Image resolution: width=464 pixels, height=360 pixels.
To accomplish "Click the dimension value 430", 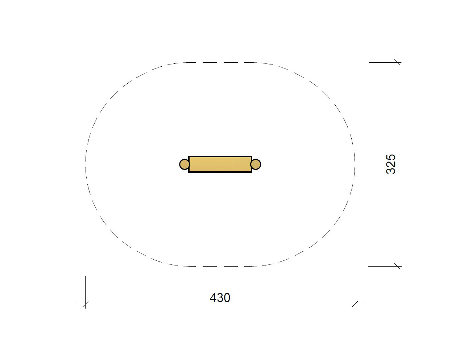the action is pos(220,298).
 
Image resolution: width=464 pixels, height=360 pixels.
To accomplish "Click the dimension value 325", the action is pos(391,164).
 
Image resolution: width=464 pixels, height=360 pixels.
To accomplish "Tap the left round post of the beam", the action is pos(184,164).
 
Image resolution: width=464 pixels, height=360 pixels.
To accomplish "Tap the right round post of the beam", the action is pos(256,164).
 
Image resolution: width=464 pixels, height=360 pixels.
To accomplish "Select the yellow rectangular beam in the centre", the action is pos(220,164).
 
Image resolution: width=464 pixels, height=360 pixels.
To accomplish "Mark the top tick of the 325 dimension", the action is pos(397,63).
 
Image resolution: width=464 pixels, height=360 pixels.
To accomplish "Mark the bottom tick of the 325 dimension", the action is pos(397,266).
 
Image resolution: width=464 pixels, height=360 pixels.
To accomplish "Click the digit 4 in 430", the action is pos(213,298).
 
